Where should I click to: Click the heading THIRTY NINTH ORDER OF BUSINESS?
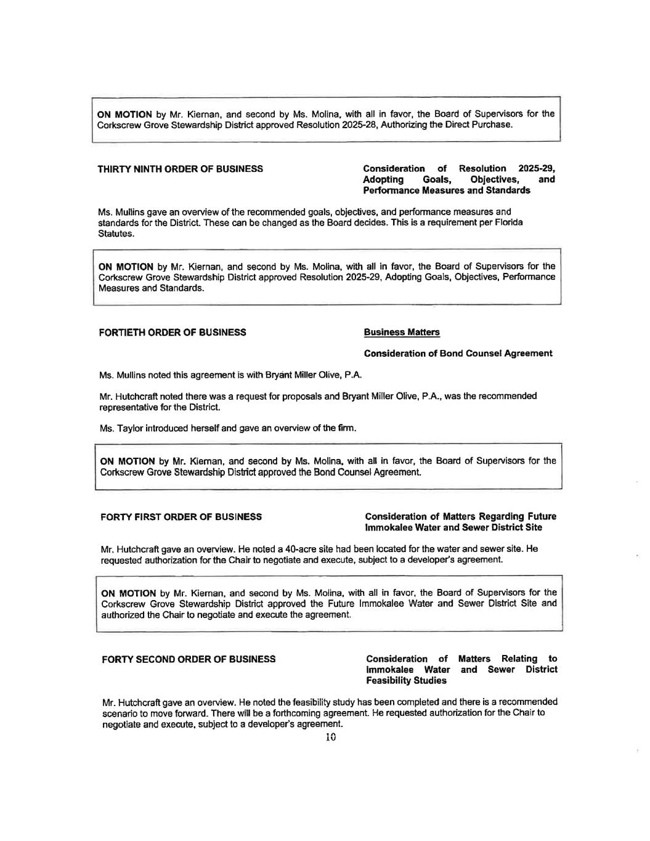pos(181,169)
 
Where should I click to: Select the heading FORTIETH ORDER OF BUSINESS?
pos(173,333)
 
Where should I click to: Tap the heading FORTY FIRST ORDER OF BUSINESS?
pos(181,517)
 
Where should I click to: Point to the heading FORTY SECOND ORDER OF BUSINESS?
pos(188,659)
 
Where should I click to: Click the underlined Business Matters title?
pos(402,333)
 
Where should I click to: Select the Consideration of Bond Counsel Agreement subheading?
pos(458,354)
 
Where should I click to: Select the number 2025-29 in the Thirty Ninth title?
pos(536,169)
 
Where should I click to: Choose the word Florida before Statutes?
pos(509,223)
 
